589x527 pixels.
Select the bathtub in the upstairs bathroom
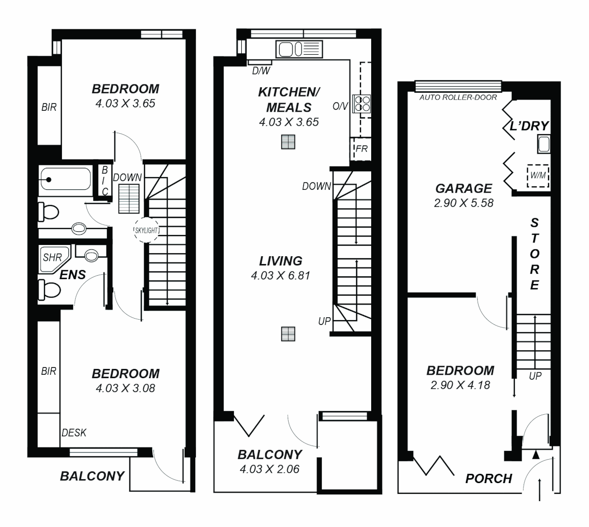tap(65, 180)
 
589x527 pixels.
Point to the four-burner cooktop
tap(362, 102)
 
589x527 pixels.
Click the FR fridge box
tap(361, 149)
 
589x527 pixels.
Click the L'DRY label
tap(529, 126)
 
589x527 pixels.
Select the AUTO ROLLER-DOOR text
tap(458, 98)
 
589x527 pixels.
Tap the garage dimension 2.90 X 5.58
tap(463, 203)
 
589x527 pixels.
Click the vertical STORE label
tap(535, 254)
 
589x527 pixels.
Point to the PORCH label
tap(488, 478)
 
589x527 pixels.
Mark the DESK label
tap(74, 432)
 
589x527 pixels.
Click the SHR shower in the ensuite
tap(53, 257)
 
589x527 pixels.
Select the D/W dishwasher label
tap(261, 71)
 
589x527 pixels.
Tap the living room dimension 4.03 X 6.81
tap(280, 276)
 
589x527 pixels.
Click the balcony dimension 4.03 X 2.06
tap(269, 469)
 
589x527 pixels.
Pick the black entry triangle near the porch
tap(536, 455)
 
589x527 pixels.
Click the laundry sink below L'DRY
tap(543, 144)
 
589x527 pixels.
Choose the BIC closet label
tap(105, 181)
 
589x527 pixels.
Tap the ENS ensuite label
tap(73, 275)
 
